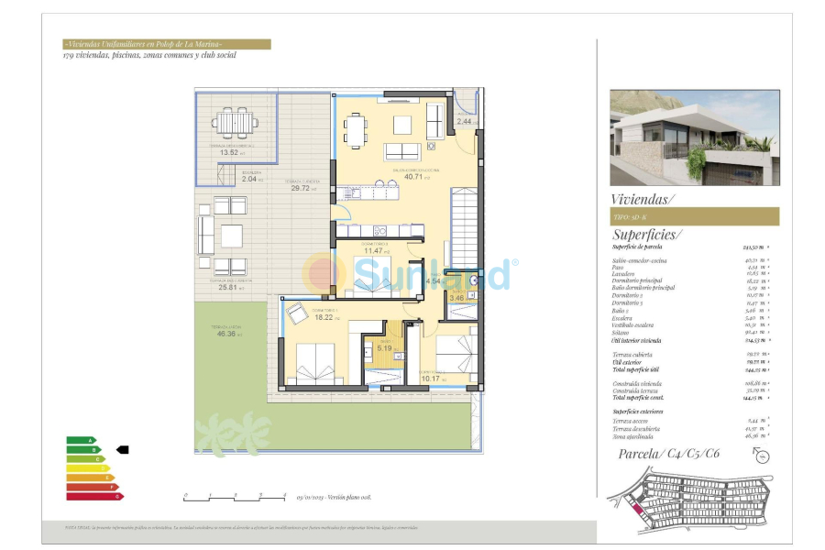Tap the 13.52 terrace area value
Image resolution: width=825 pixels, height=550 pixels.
click(x=228, y=152)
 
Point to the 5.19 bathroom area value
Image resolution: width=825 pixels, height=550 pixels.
click(x=384, y=347)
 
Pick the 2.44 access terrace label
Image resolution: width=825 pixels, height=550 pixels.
click(x=465, y=121)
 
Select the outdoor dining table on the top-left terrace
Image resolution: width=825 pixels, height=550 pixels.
click(x=235, y=121)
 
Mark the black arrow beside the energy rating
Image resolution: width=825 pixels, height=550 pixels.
click(x=123, y=450)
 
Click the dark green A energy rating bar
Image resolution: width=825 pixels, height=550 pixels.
click(x=81, y=441)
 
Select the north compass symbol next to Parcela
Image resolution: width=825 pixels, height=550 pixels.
click(x=757, y=457)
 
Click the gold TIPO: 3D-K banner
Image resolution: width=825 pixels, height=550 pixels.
click(x=694, y=216)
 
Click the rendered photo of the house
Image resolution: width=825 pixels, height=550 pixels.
click(x=694, y=137)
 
